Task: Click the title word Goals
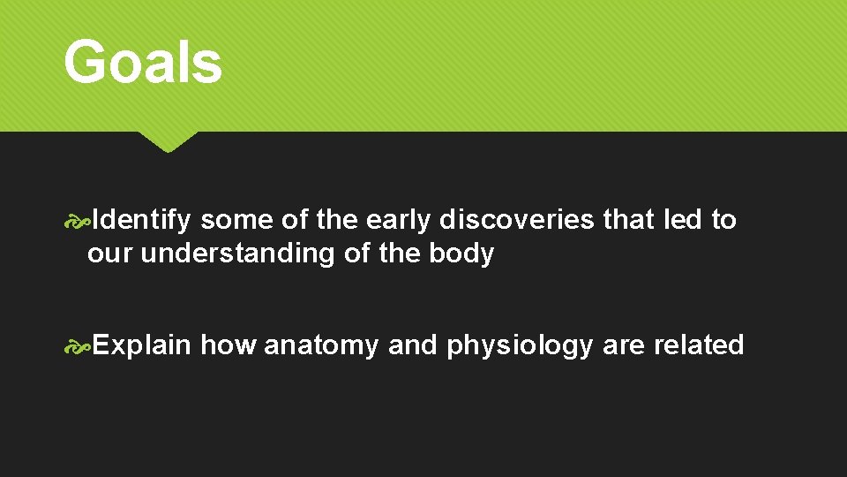tap(142, 64)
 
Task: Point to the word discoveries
tap(517, 220)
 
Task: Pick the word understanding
tap(237, 254)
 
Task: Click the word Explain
tap(141, 344)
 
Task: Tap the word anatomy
tap(322, 345)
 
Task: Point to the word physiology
tap(520, 345)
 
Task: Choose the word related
tap(699, 344)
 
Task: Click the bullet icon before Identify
tap(78, 221)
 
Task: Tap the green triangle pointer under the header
tap(167, 141)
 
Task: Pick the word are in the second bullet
tap(623, 345)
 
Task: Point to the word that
tap(628, 220)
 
